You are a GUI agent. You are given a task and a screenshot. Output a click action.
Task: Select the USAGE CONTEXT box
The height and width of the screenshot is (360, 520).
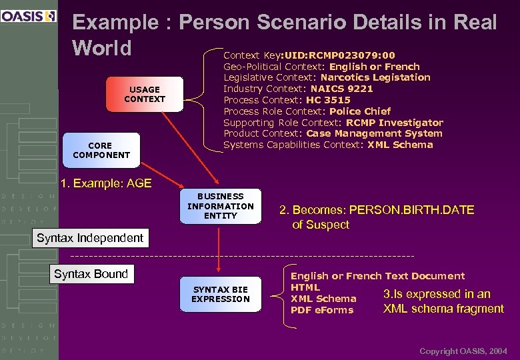coord(145,94)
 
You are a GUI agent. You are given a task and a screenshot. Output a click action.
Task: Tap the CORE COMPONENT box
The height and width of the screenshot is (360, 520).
coord(101,150)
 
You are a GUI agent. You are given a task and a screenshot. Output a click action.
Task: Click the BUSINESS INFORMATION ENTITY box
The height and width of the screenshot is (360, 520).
coord(221,206)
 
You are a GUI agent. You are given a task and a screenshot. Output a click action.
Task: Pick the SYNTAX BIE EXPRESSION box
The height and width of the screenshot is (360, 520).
coord(221,294)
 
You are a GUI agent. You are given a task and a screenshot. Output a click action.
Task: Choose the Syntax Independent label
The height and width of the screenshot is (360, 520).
coord(90,238)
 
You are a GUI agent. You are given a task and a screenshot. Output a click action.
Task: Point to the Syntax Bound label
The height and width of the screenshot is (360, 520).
coord(91,274)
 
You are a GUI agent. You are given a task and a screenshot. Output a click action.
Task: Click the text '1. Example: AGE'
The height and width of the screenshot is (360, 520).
coord(106,183)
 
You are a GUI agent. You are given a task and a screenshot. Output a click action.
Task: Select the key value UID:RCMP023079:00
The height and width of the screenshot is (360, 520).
coord(339,55)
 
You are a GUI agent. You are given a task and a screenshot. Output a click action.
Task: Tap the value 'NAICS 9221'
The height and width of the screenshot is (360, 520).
coord(342,89)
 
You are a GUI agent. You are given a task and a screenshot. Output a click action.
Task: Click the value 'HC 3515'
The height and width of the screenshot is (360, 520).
coord(328,100)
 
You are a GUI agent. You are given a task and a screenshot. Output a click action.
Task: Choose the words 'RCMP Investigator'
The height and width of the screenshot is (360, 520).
coord(395,123)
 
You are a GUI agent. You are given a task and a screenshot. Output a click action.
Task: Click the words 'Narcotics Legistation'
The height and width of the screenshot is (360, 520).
coord(380,77)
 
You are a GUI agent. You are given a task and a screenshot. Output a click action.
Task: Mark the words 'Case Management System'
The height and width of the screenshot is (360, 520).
coord(374,133)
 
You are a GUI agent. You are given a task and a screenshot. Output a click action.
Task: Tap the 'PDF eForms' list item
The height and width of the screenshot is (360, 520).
coord(322,310)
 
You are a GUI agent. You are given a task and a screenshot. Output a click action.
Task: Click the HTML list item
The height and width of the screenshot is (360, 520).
coord(305,287)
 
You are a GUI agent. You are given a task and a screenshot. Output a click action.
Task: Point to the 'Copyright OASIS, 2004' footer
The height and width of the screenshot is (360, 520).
coord(463,351)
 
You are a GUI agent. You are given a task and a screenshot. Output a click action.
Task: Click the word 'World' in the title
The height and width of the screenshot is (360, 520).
coord(102,48)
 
